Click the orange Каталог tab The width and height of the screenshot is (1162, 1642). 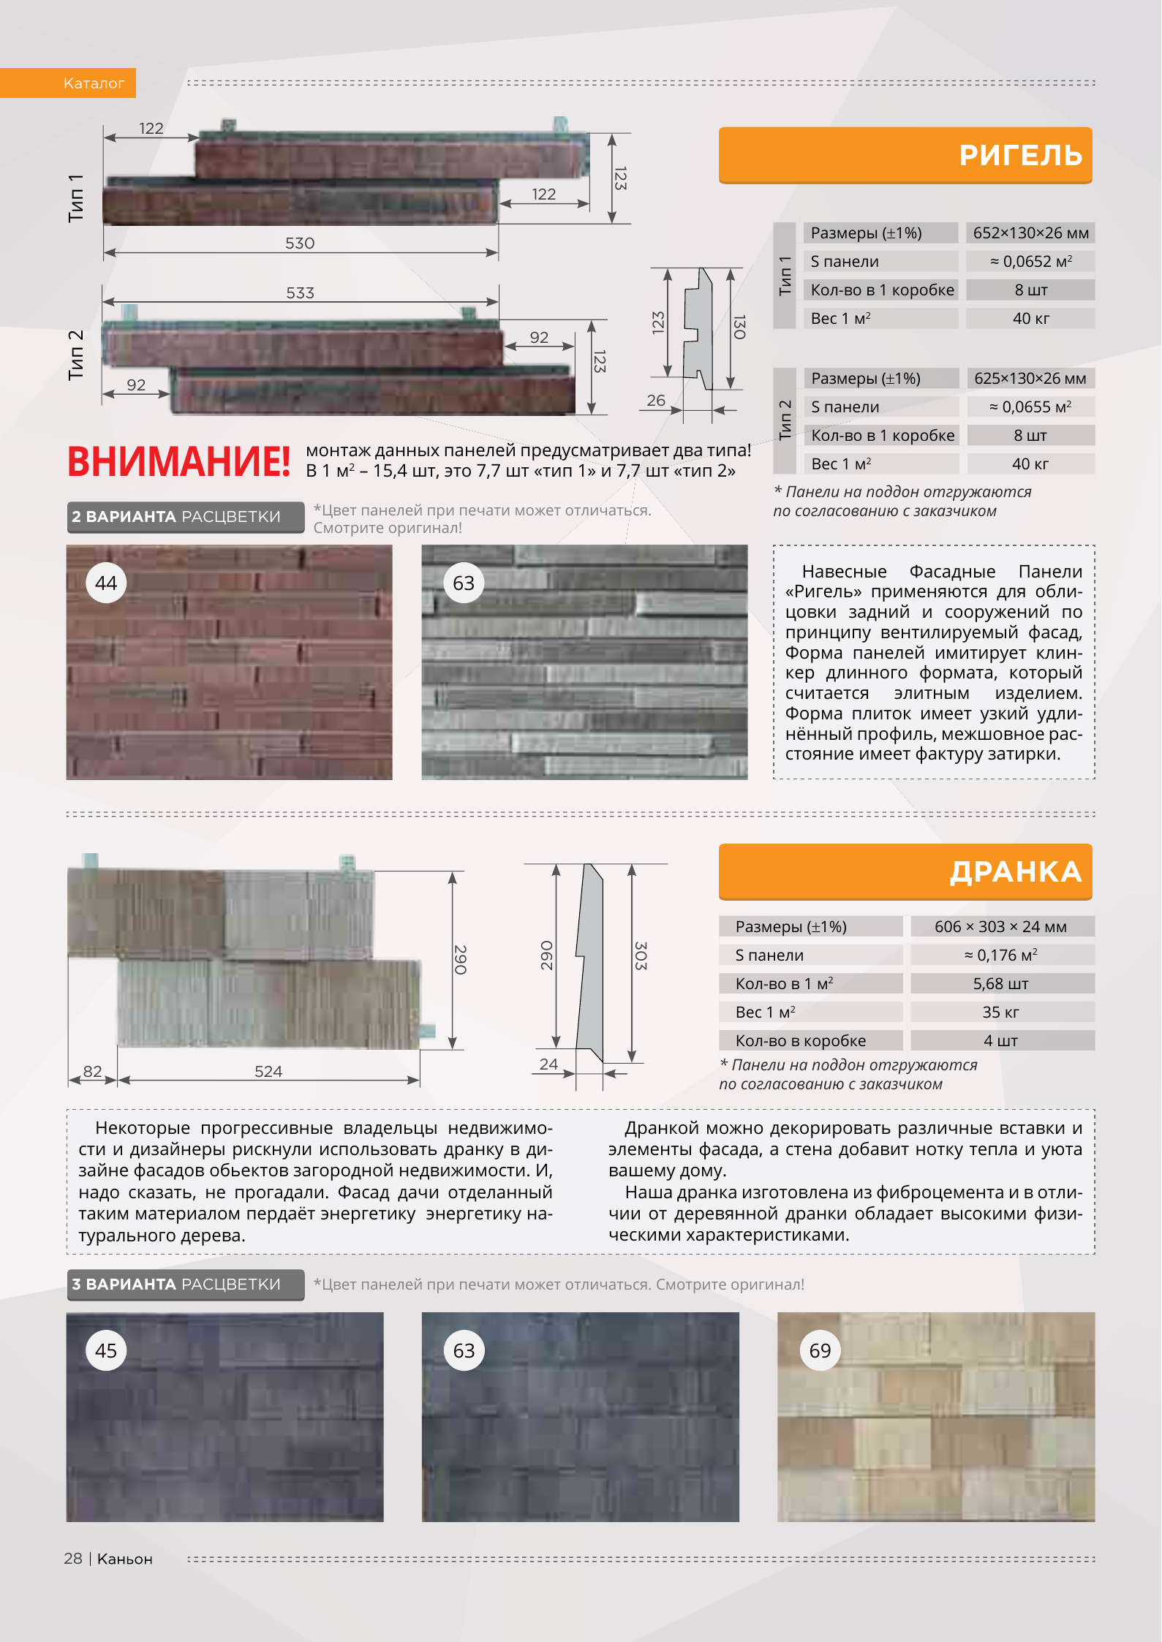[94, 83]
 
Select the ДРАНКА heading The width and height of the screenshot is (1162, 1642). [1015, 871]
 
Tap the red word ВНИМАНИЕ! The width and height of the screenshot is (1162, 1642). [179, 462]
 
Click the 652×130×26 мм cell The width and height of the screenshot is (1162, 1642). [1030, 233]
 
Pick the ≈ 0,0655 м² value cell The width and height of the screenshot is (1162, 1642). [1030, 407]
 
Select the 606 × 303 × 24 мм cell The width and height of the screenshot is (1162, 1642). [1000, 927]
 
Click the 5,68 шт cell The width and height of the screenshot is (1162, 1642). [1000, 984]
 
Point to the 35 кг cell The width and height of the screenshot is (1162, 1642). [1000, 1013]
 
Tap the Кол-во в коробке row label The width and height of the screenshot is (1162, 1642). [801, 1041]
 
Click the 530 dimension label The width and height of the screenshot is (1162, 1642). [300, 243]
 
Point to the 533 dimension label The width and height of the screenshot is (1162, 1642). [300, 293]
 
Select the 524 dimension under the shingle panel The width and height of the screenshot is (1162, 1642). [268, 1072]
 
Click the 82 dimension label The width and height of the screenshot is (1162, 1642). [93, 1072]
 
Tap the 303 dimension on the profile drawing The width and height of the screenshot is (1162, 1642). [640, 956]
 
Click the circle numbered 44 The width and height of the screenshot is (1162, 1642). [106, 583]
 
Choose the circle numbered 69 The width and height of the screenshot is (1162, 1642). [820, 1351]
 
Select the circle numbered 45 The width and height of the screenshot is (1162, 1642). [106, 1351]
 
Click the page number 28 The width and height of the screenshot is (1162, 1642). [73, 1559]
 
